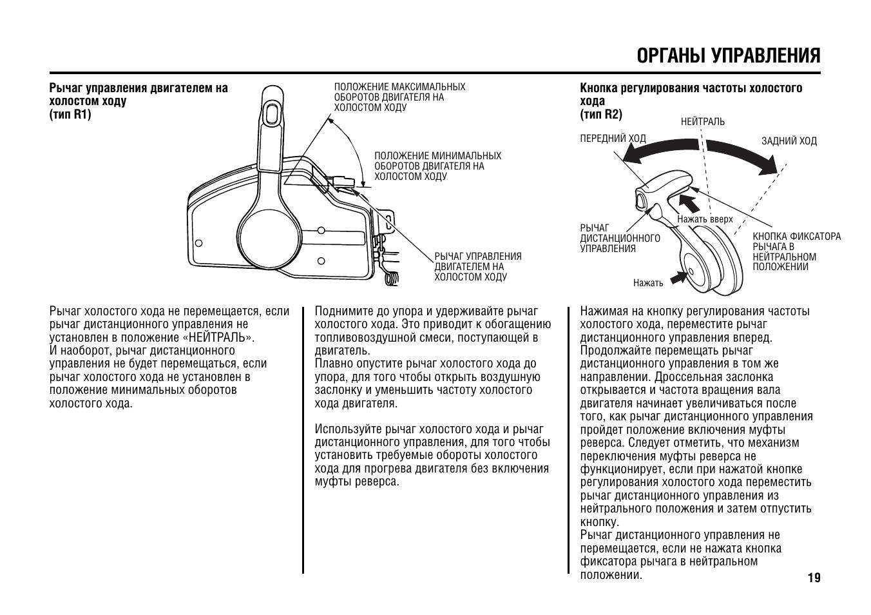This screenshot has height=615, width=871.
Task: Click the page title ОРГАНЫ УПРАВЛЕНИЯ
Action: (729, 56)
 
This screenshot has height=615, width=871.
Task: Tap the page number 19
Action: (814, 578)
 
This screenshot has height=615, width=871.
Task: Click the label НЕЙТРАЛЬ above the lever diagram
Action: (702, 122)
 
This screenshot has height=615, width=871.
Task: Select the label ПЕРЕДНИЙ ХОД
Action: (613, 139)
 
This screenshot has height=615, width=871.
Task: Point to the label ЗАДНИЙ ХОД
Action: (789, 141)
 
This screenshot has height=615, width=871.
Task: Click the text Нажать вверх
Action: (705, 219)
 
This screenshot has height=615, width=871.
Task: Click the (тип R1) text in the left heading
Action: (70, 115)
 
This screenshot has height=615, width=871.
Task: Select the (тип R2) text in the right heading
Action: (601, 115)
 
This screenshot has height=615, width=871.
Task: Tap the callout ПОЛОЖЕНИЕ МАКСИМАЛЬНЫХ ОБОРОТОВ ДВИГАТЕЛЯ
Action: (399, 97)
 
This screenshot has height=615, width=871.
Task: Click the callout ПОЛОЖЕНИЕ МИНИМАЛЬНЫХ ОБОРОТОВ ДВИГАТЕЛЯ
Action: (437, 166)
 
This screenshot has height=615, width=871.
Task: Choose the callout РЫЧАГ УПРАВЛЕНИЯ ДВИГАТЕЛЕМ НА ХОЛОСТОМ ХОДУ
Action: (477, 266)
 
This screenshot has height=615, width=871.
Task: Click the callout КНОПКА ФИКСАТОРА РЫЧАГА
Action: (796, 251)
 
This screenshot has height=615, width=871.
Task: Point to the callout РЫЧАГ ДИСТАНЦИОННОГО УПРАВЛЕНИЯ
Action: (620, 238)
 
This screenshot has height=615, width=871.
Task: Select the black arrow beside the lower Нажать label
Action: (678, 277)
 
